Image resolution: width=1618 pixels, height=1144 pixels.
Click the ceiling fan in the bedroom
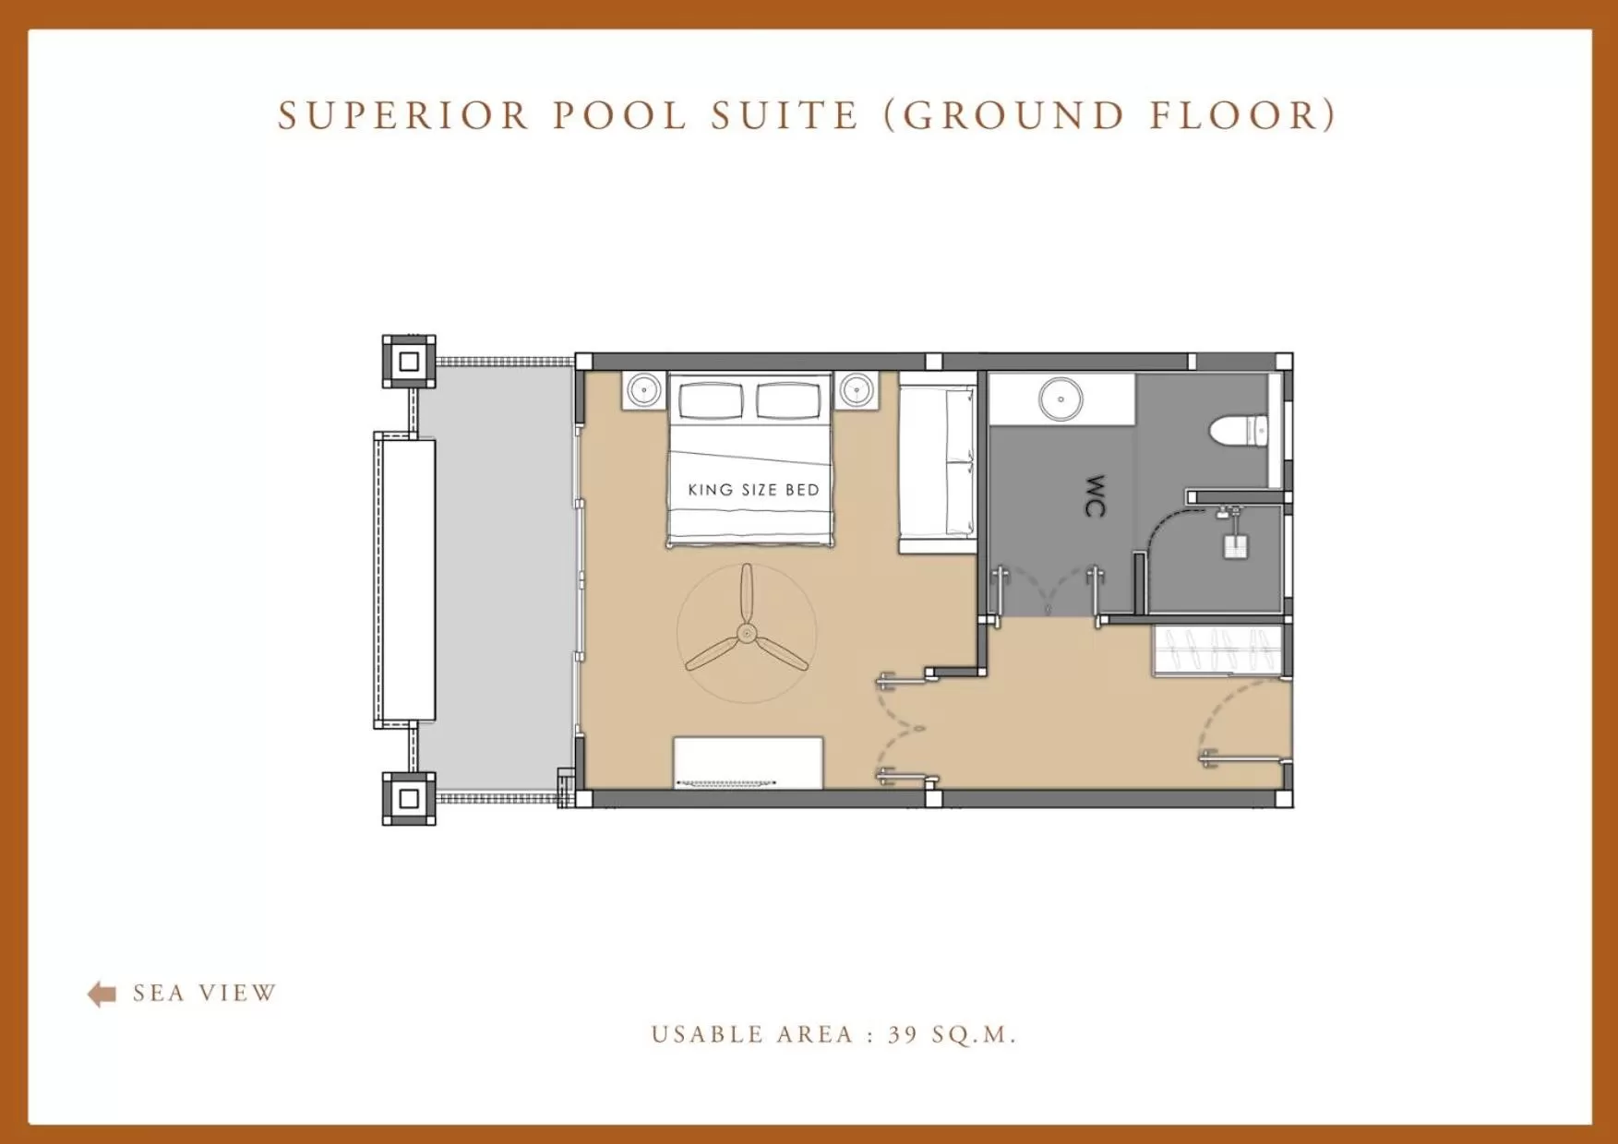click(x=746, y=634)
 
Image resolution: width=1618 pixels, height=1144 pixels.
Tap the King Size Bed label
click(x=753, y=490)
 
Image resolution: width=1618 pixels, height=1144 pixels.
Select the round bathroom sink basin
click(x=1061, y=399)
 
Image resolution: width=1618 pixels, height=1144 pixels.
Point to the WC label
click(x=1095, y=495)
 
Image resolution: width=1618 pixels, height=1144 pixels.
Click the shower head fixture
click(x=1234, y=542)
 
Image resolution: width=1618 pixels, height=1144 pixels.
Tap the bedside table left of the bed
click(x=643, y=390)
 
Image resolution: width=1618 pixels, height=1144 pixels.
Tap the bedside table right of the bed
click(x=857, y=390)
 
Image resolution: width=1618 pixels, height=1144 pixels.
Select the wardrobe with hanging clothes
click(x=1217, y=649)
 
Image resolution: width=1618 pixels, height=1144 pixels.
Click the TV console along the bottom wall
click(x=748, y=762)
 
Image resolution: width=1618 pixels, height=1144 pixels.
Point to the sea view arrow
click(x=102, y=994)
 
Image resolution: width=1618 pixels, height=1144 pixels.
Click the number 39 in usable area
click(x=903, y=1035)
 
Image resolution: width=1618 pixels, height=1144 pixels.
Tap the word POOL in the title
click(x=620, y=116)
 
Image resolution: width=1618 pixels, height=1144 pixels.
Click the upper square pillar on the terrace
click(x=409, y=362)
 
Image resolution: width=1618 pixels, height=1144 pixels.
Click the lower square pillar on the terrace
click(x=409, y=799)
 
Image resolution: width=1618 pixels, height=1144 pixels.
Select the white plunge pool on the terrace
click(x=404, y=579)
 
